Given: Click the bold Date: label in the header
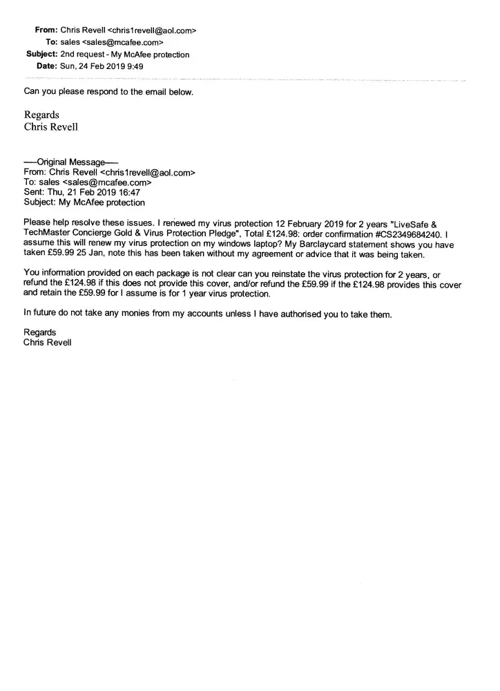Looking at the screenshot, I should pyautogui.click(x=46, y=66).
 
